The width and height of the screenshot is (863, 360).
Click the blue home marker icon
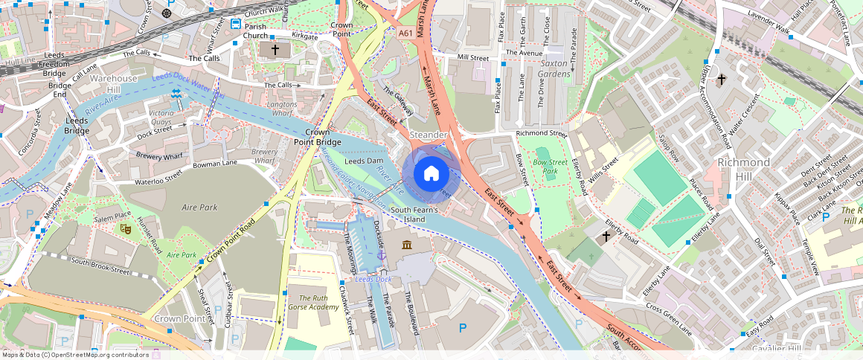coord(431,174)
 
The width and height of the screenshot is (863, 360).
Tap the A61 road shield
coord(405,33)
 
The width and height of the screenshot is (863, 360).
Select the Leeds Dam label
coord(364,161)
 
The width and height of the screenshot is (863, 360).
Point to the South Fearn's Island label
coord(418,214)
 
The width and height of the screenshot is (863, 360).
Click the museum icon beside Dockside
coord(407,245)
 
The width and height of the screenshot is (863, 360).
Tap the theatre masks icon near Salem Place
coord(126,229)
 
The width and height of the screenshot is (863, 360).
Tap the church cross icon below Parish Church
coord(275,50)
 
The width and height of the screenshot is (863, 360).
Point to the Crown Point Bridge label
coord(317,135)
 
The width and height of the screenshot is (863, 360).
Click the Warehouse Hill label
coord(114,84)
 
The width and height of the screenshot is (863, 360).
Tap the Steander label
coord(429,135)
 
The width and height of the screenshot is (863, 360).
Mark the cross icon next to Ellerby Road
coord(606,237)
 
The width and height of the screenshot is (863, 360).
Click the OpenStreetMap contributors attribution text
coord(76,355)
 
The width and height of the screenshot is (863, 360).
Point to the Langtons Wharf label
coord(281,109)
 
